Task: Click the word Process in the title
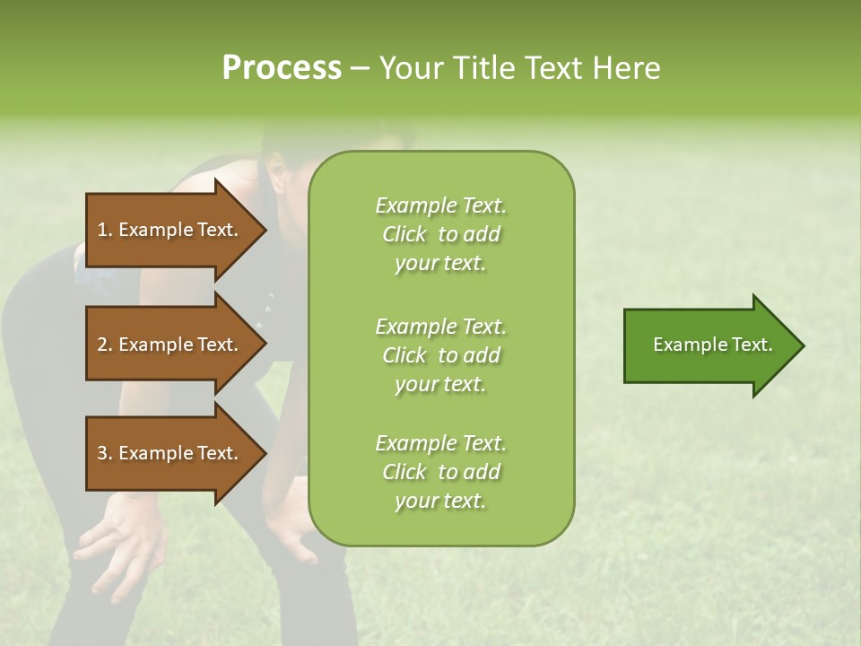282,68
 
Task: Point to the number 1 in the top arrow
101,230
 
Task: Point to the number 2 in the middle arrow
101,345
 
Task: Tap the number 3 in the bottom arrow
101,453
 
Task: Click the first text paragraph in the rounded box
440,234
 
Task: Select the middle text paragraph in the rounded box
440,354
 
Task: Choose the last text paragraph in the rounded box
440,472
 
